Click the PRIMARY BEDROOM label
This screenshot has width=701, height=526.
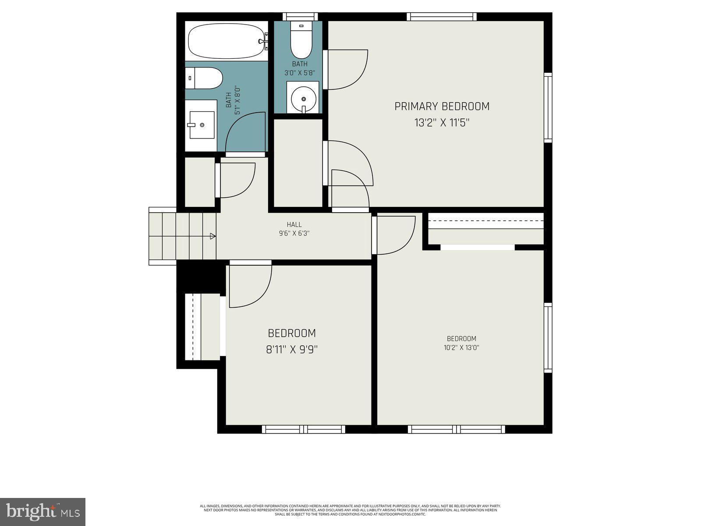coord(442,107)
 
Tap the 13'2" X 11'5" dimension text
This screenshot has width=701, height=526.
coord(442,123)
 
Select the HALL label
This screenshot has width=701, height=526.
coord(294,225)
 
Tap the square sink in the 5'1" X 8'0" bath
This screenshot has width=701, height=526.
coord(202,125)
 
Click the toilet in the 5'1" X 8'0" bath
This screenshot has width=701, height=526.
coord(204,78)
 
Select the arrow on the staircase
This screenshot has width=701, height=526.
coord(213,236)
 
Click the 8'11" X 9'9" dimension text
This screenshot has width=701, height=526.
coord(292,350)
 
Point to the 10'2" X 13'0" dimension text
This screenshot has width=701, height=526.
coord(461,348)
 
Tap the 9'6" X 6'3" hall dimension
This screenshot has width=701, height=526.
coord(294,234)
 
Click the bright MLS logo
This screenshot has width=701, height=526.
coord(42,512)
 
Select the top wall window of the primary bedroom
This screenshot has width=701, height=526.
coord(441,17)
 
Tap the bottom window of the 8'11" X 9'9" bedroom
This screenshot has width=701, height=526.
coord(304,429)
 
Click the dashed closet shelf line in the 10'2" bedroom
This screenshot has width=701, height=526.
coord(486,221)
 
